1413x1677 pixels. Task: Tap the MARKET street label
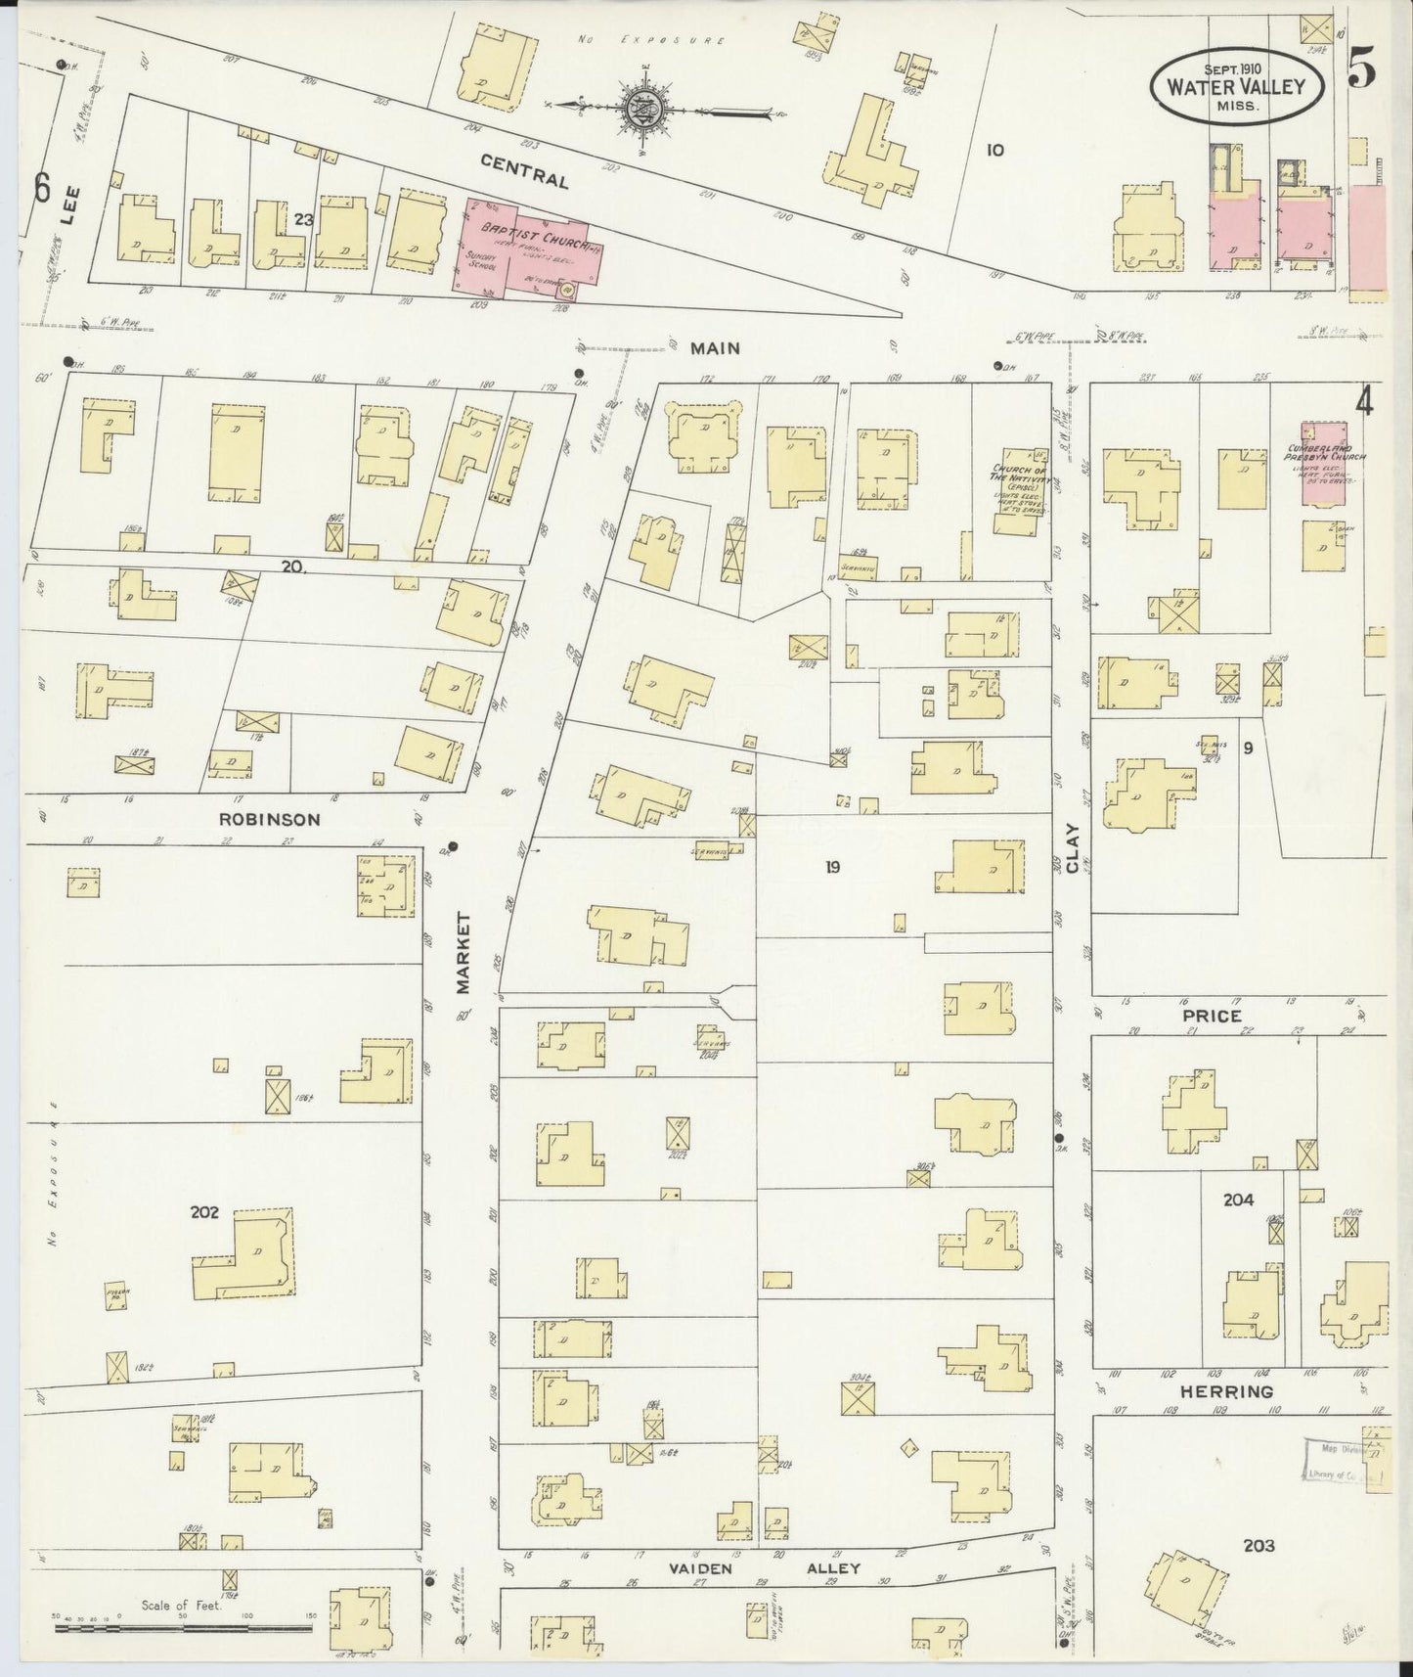[x=464, y=953]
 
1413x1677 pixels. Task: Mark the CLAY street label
[x=1073, y=847]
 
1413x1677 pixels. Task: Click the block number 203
[x=1258, y=1546]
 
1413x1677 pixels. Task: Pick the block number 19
[x=832, y=866]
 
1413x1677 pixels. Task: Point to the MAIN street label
[x=714, y=347]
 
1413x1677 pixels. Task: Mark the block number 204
[x=1238, y=1200]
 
